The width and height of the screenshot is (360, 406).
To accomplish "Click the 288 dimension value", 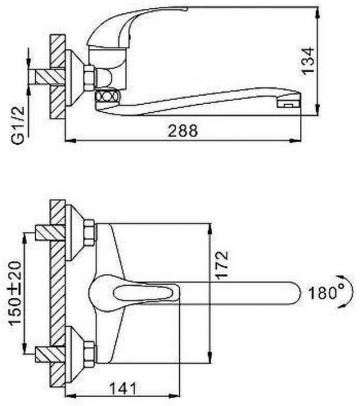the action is tap(183, 130).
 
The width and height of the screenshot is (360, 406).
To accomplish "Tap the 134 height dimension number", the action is tap(308, 61).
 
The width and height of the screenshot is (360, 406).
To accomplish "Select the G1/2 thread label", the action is tap(18, 125).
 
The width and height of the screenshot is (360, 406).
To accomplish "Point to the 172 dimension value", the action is tap(222, 265).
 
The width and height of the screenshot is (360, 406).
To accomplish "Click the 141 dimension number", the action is tap(123, 389).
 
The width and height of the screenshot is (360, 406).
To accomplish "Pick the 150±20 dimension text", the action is tap(15, 293).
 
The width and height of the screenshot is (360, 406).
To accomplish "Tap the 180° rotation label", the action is tap(326, 293).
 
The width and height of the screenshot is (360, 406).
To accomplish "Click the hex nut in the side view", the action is tap(89, 78).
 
